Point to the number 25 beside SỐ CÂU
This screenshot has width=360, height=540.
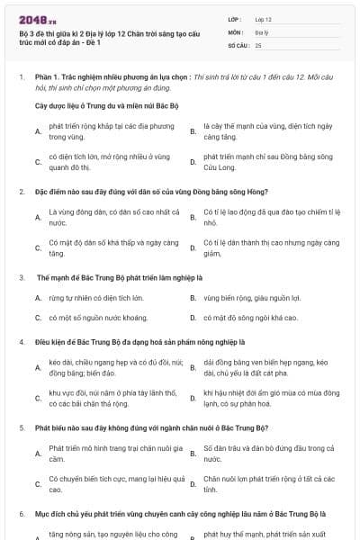click(258, 45)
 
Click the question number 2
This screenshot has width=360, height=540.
click(21, 192)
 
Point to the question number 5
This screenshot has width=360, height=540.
click(21, 428)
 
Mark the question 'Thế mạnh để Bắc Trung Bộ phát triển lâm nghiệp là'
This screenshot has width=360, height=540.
click(119, 277)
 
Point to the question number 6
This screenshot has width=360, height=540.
click(21, 513)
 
